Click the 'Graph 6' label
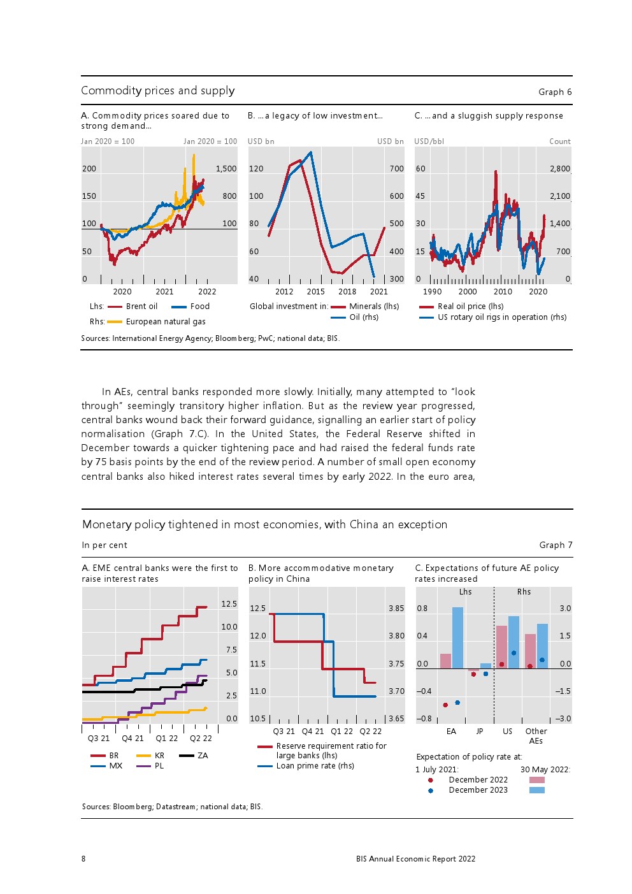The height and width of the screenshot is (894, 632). pyautogui.click(x=555, y=92)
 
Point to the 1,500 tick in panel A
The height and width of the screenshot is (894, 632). pyautogui.click(x=226, y=169)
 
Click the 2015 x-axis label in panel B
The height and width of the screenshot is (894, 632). pyautogui.click(x=315, y=292)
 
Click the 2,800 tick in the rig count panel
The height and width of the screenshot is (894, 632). pyautogui.click(x=559, y=169)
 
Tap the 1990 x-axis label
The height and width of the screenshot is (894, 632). pyautogui.click(x=432, y=292)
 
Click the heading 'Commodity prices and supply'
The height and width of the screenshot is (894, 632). pyautogui.click(x=158, y=90)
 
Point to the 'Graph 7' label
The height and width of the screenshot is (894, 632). pyautogui.click(x=556, y=545)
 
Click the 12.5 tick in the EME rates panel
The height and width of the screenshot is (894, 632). pyautogui.click(x=229, y=604)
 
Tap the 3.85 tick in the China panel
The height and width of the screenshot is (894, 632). pyautogui.click(x=396, y=609)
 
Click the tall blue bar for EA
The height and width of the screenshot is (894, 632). pyautogui.click(x=457, y=637)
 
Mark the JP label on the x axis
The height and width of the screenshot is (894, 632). pyautogui.click(x=479, y=732)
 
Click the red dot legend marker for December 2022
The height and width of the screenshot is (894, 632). pyautogui.click(x=431, y=780)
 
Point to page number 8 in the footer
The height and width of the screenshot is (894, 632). pyautogui.click(x=83, y=859)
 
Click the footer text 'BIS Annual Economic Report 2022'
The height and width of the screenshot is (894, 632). pyautogui.click(x=415, y=859)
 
